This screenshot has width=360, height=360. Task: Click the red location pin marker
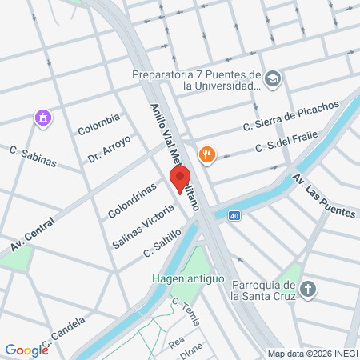tap(181, 178)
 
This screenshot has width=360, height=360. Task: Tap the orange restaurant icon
tap(207, 154)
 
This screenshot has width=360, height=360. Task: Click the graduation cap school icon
tap(274, 78)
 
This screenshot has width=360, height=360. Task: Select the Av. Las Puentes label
tap(323, 195)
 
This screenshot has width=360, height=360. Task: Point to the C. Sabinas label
tap(33, 157)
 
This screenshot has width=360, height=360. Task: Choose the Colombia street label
tap(98, 125)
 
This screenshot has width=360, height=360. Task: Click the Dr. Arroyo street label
tap(109, 149)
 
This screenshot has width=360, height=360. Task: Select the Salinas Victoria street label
tap(144, 222)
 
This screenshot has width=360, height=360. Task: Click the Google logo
tap(26, 350)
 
